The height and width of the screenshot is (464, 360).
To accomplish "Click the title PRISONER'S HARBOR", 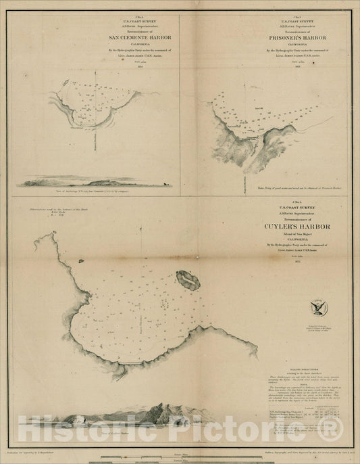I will [269, 38].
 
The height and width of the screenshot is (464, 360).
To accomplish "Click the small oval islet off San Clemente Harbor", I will [65, 83].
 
